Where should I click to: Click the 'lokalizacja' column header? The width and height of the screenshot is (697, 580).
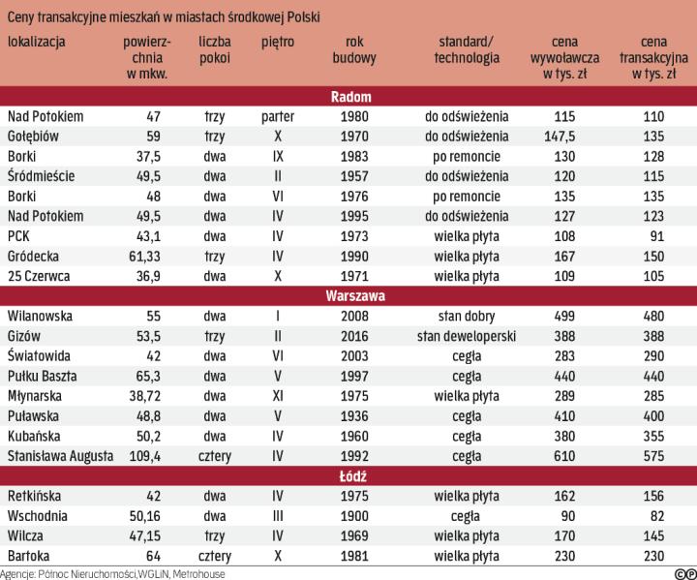coord(36,43)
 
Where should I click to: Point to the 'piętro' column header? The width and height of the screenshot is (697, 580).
coord(278,43)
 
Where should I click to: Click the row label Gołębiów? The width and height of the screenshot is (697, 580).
coord(33,137)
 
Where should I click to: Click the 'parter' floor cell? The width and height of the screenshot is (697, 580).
coord(278,117)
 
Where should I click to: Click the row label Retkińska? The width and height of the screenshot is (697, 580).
coord(37,496)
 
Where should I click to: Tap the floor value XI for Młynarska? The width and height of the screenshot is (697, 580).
coord(278,396)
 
